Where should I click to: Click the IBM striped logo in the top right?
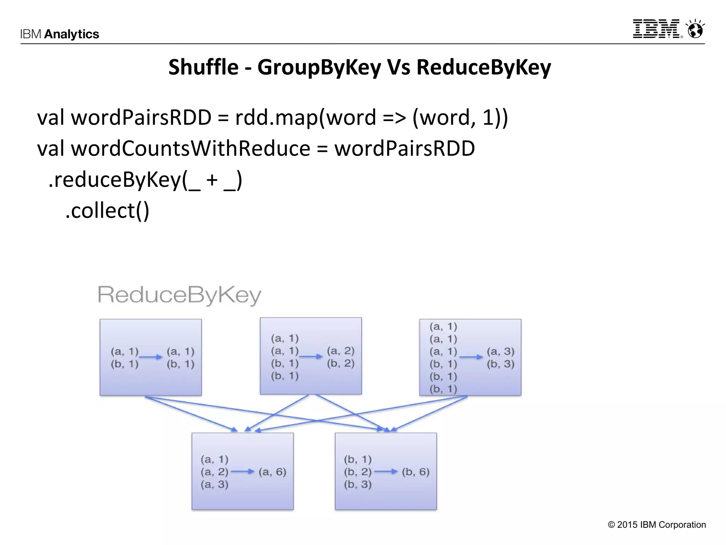[657, 29]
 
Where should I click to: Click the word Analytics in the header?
[72, 34]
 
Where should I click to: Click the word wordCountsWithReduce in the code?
[191, 148]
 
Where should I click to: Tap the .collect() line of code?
[107, 210]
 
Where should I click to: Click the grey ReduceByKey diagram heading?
[179, 295]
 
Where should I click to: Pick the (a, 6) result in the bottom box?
[272, 472]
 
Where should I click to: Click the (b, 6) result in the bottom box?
[415, 472]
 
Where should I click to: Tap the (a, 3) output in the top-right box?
[501, 351]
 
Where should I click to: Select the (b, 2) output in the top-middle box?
[341, 363]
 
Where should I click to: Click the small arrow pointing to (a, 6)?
[243, 472]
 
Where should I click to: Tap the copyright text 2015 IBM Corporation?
[657, 525]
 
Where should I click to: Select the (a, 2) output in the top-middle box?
[341, 351]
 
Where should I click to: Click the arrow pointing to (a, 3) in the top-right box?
[471, 357]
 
